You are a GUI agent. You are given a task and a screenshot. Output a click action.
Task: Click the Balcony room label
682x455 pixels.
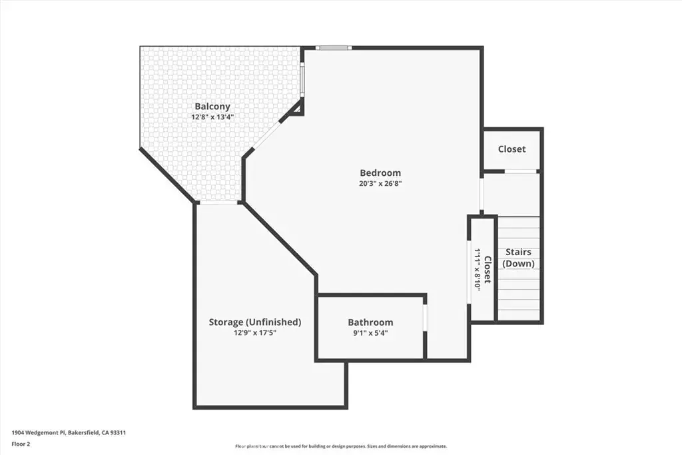(x=212, y=106)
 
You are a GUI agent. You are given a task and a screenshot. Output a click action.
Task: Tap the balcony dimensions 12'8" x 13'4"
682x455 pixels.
(x=212, y=117)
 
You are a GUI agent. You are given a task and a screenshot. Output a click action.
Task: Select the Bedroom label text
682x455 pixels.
(x=380, y=173)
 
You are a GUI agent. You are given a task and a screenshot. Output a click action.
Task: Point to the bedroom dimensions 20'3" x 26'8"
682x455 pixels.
(x=380, y=184)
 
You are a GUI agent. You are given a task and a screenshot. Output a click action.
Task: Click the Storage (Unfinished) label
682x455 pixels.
(x=255, y=322)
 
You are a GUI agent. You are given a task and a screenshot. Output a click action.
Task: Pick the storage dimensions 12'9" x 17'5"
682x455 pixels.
(x=255, y=333)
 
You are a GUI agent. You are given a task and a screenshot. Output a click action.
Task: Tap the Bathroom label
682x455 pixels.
(x=370, y=322)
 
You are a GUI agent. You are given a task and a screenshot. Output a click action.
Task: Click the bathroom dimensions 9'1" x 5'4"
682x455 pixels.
(x=370, y=333)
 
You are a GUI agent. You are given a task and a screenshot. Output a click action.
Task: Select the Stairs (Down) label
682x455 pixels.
(x=518, y=258)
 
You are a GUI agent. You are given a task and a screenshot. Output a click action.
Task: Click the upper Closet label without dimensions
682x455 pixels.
(x=511, y=149)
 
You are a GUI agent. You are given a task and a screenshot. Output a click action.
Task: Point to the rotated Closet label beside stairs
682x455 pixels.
(x=488, y=270)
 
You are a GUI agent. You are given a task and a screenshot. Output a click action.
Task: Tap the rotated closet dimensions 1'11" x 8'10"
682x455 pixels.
(x=477, y=270)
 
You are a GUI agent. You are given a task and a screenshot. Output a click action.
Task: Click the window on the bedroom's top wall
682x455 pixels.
(x=333, y=48)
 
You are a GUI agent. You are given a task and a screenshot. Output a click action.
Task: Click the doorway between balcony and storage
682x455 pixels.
(x=218, y=203)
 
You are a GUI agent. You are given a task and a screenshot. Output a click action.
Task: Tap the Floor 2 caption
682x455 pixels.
(x=21, y=444)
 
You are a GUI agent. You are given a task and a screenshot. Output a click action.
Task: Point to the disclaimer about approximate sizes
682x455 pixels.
(x=340, y=446)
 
